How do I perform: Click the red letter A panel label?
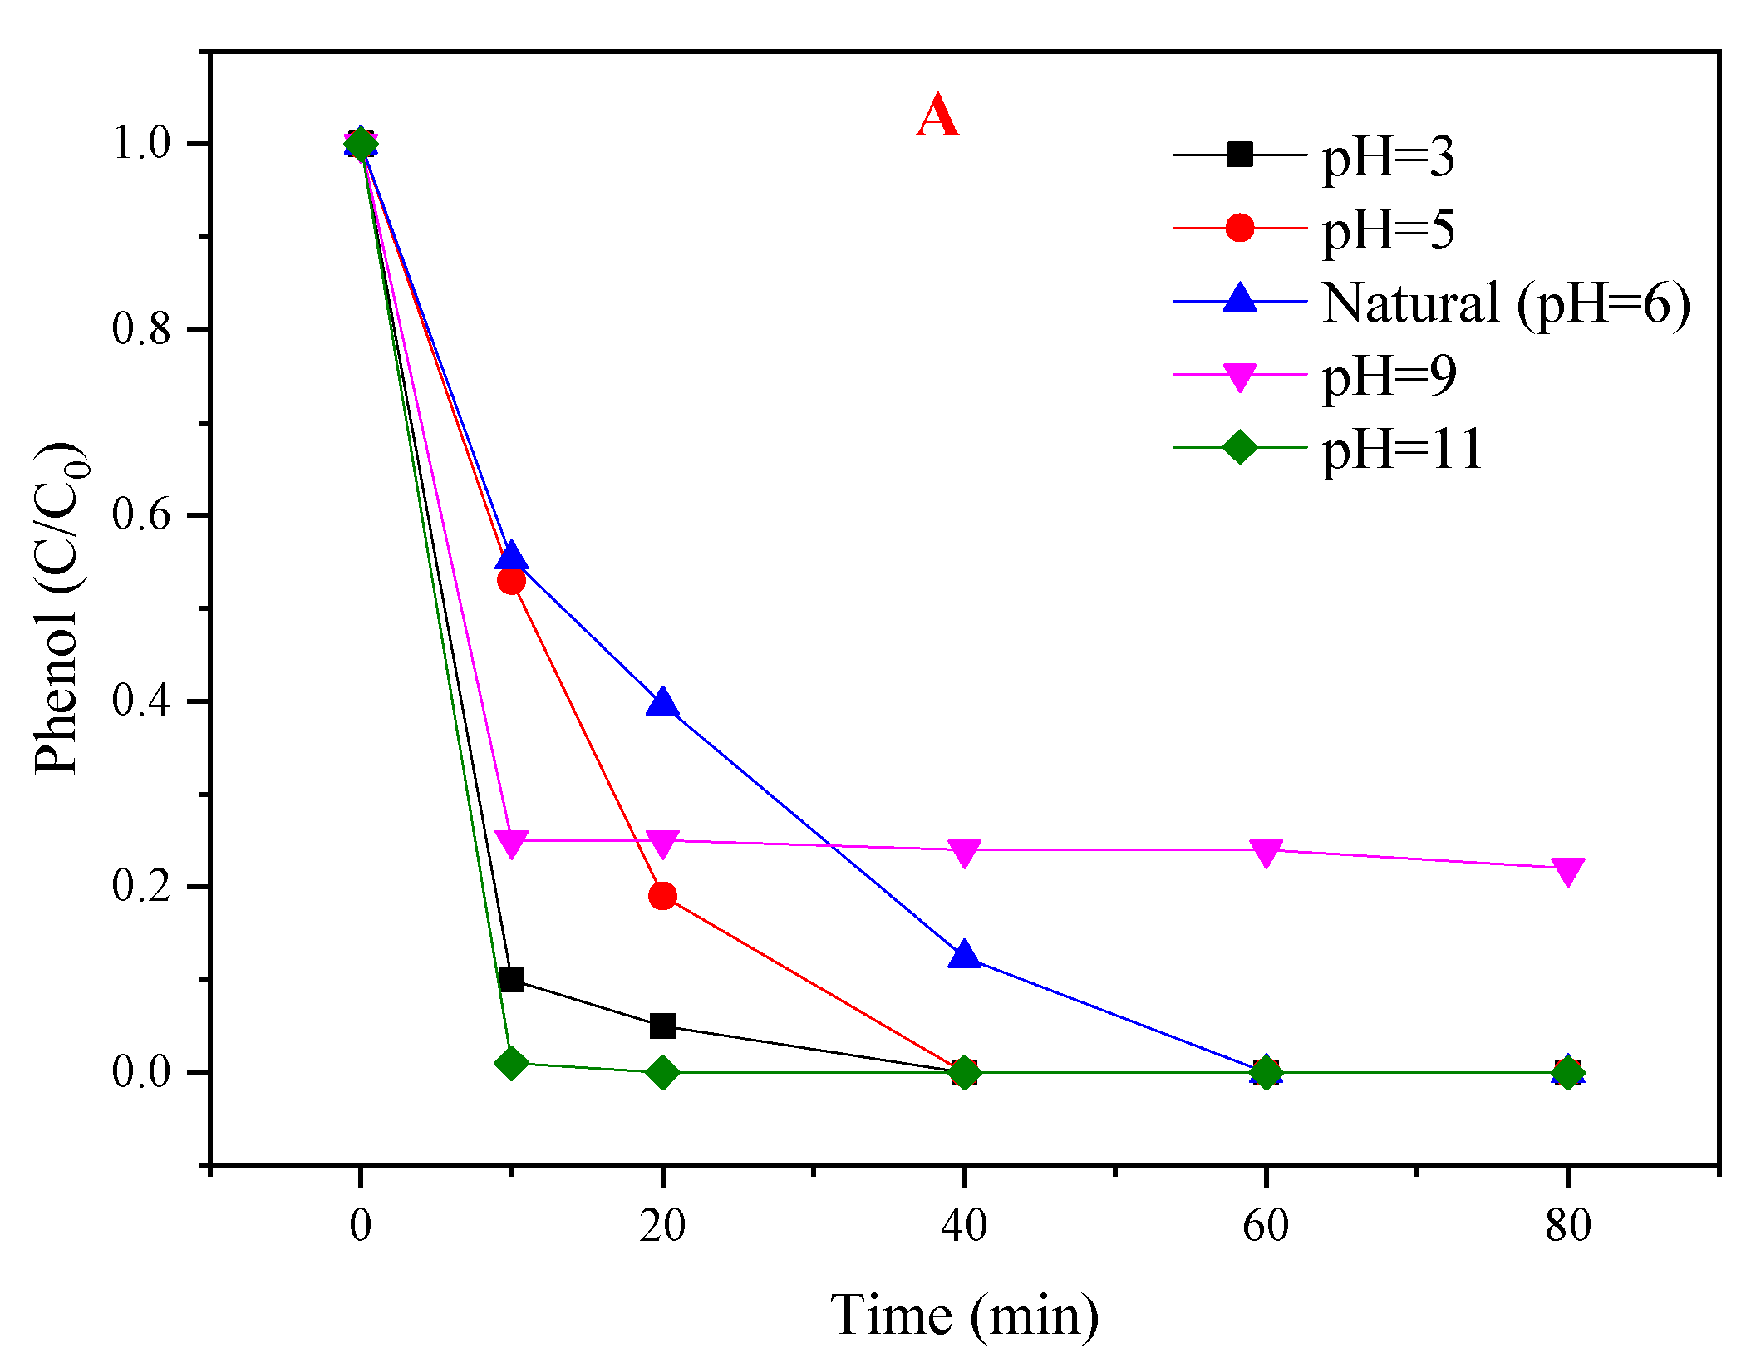937,116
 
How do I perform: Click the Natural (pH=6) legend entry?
1505,303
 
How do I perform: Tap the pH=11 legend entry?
1402,450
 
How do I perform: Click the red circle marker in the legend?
1239,228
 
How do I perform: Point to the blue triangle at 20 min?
662,703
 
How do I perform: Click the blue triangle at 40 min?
964,956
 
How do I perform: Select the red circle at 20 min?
662,896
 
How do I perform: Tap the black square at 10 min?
512,980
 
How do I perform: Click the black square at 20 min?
662,1026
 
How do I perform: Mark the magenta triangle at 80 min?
1567,871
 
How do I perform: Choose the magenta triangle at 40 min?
964,852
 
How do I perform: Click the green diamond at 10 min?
511,1063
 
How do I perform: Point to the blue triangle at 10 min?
512,557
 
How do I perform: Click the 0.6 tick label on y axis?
141,515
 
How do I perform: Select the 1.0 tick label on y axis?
141,144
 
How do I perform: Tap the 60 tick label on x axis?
1265,1226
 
